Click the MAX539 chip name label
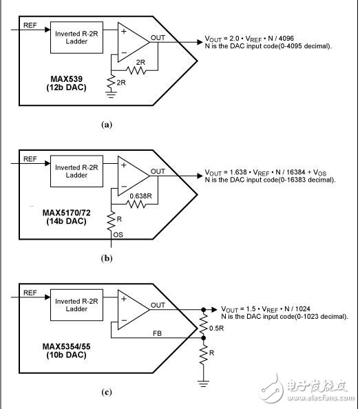67,78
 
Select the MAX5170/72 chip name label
67,213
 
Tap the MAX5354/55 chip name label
67,346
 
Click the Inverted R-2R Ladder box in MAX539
76,38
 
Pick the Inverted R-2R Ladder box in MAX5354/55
76,305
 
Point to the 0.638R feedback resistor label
140,196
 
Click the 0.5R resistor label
216,328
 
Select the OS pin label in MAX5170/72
118,235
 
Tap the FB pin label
157,333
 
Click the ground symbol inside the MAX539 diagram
111,94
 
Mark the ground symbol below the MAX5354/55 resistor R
203,384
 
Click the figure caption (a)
107,125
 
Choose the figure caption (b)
107,258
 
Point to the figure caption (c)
107,392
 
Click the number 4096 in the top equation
286,39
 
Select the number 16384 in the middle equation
296,172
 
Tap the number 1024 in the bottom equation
303,309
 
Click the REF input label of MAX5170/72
30,159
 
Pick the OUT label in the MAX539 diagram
158,38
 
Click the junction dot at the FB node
204,338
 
